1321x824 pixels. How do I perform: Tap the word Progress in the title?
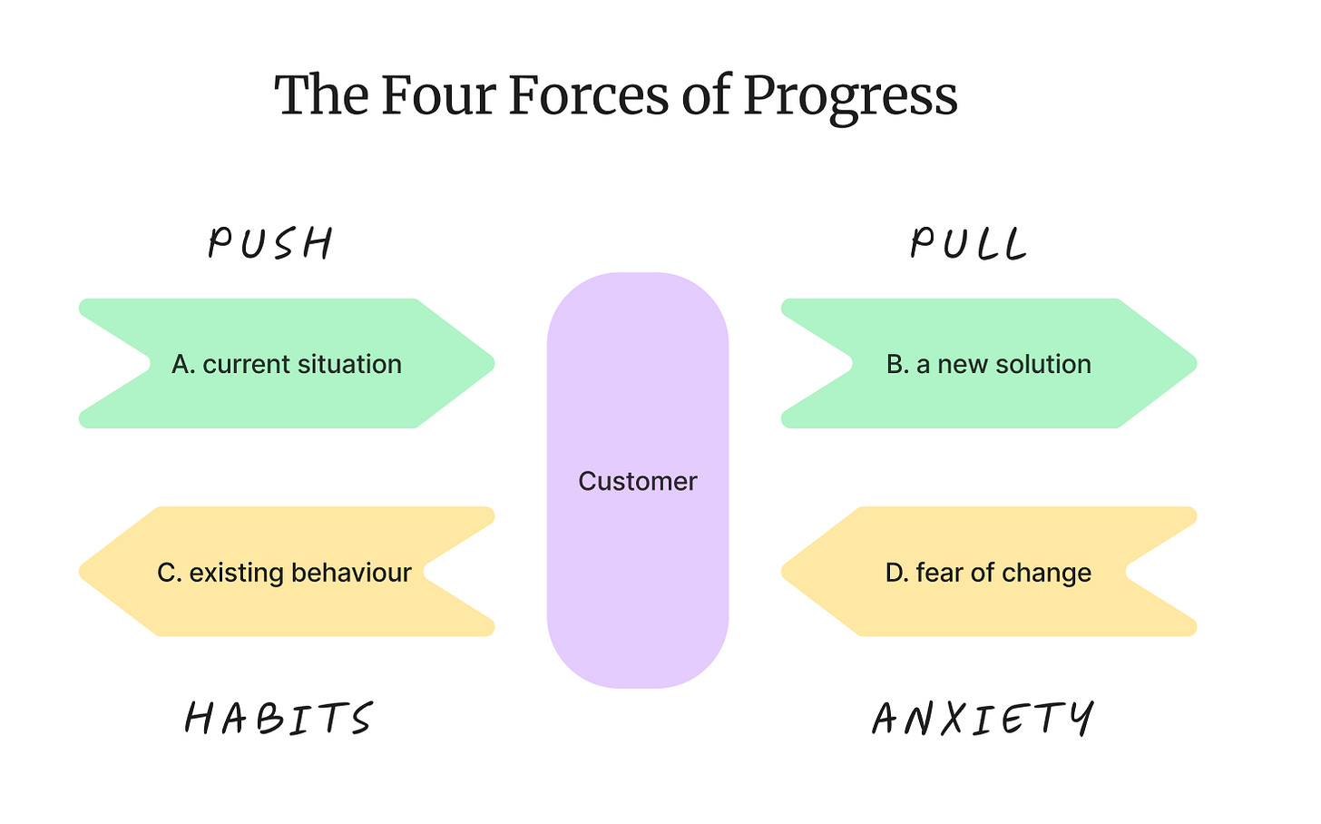coord(850,96)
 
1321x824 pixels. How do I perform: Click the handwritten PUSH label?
coord(270,243)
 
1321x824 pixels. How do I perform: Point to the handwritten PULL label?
coord(969,243)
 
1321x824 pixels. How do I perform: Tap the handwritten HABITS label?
coord(279,718)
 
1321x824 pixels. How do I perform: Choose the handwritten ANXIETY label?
coord(983,718)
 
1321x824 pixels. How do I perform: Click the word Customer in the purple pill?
coord(637,481)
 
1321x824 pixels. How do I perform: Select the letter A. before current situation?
coord(183,364)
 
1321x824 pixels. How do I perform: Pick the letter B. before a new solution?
coord(897,364)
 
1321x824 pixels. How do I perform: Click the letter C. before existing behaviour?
coord(169,573)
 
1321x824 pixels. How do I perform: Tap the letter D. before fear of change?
coord(896,573)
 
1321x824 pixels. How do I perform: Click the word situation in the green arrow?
coord(353,364)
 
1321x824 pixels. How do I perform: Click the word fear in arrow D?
coord(940,573)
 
